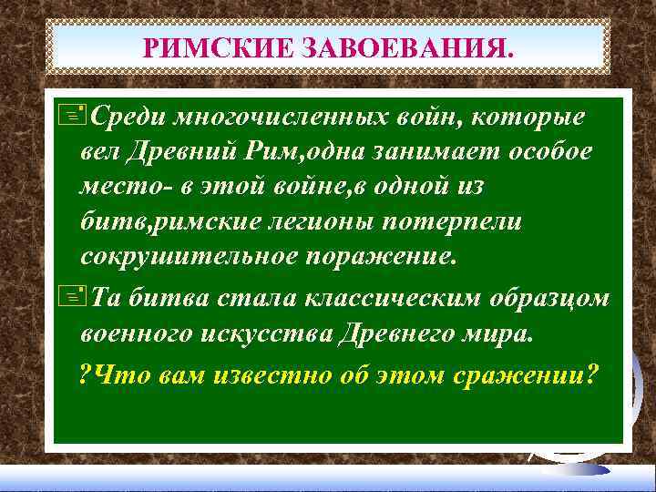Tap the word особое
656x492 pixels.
(554, 152)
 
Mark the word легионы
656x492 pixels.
(341, 221)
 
